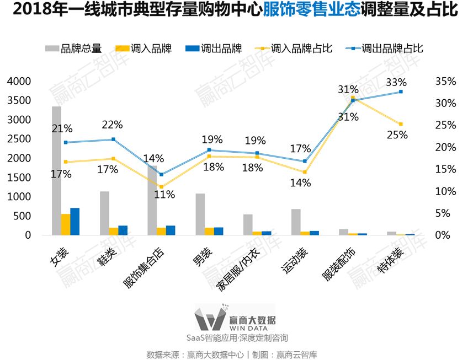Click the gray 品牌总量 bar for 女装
[56, 171]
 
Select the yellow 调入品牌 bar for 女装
[66, 224]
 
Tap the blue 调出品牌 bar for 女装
[75, 222]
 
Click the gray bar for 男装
[200, 214]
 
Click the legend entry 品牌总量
[74, 49]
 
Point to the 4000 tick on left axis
[19, 82]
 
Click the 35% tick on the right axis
[445, 82]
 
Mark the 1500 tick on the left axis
[19, 178]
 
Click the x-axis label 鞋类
[106, 258]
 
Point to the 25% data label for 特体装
[397, 135]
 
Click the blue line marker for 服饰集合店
[161, 174]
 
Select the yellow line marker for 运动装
[305, 173]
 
